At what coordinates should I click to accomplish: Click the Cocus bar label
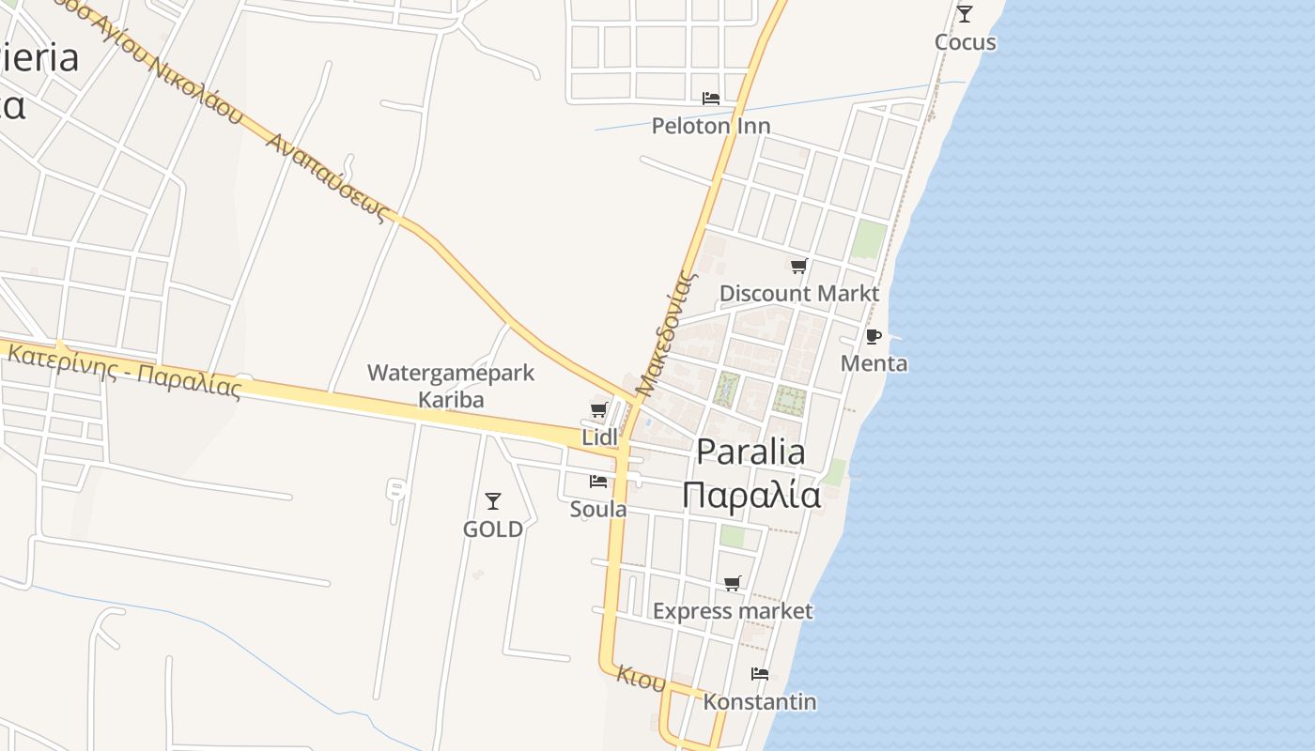coord(965,42)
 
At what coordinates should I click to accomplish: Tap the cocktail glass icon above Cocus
coord(965,13)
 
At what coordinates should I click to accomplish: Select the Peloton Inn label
coord(711,126)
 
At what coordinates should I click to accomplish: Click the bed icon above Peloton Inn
coord(711,98)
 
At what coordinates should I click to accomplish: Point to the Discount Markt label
coord(799,294)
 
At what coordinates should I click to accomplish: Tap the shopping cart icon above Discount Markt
coord(798,267)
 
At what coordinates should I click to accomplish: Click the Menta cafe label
coord(874,364)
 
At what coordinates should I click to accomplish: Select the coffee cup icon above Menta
coord(874,336)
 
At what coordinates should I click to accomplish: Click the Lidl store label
coord(600,437)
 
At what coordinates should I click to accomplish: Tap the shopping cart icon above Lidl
coord(598,409)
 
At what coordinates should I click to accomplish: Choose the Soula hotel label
coord(598,509)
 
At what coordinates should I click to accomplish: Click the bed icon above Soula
coord(598,482)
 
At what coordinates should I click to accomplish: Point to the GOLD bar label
coord(493,529)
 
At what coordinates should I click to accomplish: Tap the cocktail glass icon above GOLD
coord(493,501)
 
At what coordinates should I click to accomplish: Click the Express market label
coord(733,611)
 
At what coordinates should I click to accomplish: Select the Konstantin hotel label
coord(760,702)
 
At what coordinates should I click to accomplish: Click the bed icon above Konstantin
coord(760,674)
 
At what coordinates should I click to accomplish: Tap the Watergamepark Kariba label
coord(451,386)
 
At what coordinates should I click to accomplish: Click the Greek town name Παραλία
coord(751,495)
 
